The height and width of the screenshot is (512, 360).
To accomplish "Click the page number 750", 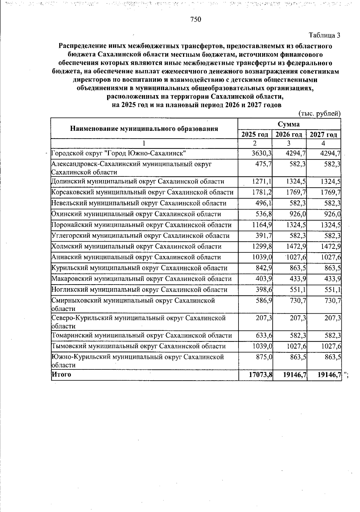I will click(x=195, y=20).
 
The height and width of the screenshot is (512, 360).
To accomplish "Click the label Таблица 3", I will click(x=325, y=35).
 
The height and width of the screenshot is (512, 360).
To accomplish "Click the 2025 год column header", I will click(x=255, y=134).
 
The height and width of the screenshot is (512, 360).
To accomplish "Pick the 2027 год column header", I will click(x=323, y=134).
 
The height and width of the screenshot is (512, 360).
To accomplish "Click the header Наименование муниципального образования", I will click(x=144, y=129).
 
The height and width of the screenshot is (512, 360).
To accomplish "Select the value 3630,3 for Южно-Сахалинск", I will click(x=262, y=154).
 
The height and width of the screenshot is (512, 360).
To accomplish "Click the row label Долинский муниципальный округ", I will click(x=138, y=182).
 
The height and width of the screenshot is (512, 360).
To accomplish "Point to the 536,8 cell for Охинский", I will click(x=263, y=214).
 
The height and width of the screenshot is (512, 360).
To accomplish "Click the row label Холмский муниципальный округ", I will click(x=136, y=246).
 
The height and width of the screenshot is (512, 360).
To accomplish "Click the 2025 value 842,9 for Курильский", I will click(x=263, y=268).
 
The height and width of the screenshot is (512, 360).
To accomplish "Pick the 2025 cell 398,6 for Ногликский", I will click(x=263, y=290).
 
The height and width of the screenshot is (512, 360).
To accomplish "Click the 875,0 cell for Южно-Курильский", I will click(x=263, y=357).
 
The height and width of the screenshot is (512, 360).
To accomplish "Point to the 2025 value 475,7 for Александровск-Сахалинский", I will click(x=263, y=164).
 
